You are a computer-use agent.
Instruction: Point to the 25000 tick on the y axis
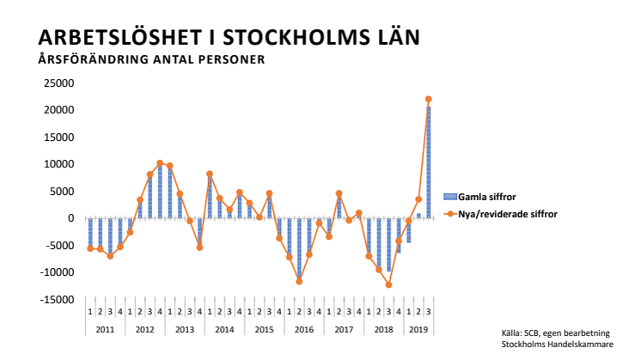coord(61,83)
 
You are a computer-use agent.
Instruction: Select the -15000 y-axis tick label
coord(59,300)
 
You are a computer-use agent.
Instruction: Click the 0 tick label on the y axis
coord(71,218)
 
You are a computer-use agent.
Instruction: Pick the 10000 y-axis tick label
coord(61,164)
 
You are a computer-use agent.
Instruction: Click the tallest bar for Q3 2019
coord(429,163)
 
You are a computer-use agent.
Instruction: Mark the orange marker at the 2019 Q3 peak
coord(429,100)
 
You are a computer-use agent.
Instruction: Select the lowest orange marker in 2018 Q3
coord(388,284)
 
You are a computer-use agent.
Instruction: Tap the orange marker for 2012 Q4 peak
coord(160,163)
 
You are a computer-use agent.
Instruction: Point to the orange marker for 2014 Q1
coord(210,174)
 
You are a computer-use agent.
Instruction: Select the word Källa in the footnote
coord(513,333)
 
